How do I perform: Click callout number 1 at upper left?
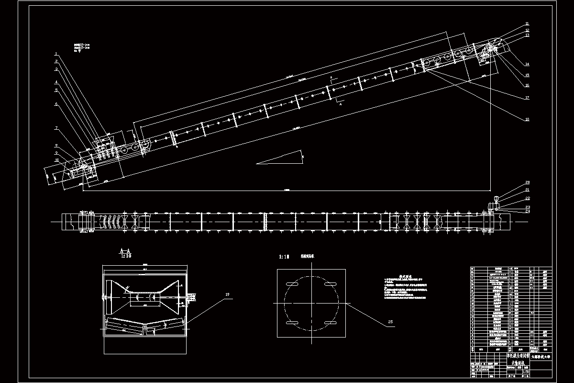tap(56, 54)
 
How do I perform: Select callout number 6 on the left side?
tap(56, 103)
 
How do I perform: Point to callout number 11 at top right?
tap(527, 24)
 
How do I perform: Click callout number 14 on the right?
tap(527, 64)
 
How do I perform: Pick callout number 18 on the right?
tap(527, 119)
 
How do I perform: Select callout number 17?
tap(527, 98)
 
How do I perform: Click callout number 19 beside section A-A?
tap(227, 294)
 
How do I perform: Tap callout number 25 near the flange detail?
tap(390, 322)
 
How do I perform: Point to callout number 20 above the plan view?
tap(528, 183)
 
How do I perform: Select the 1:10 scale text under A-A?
tap(125, 256)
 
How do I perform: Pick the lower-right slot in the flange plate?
tap(330, 324)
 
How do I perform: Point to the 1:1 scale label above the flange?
tap(284, 257)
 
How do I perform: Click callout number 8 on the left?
tap(56, 145)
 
